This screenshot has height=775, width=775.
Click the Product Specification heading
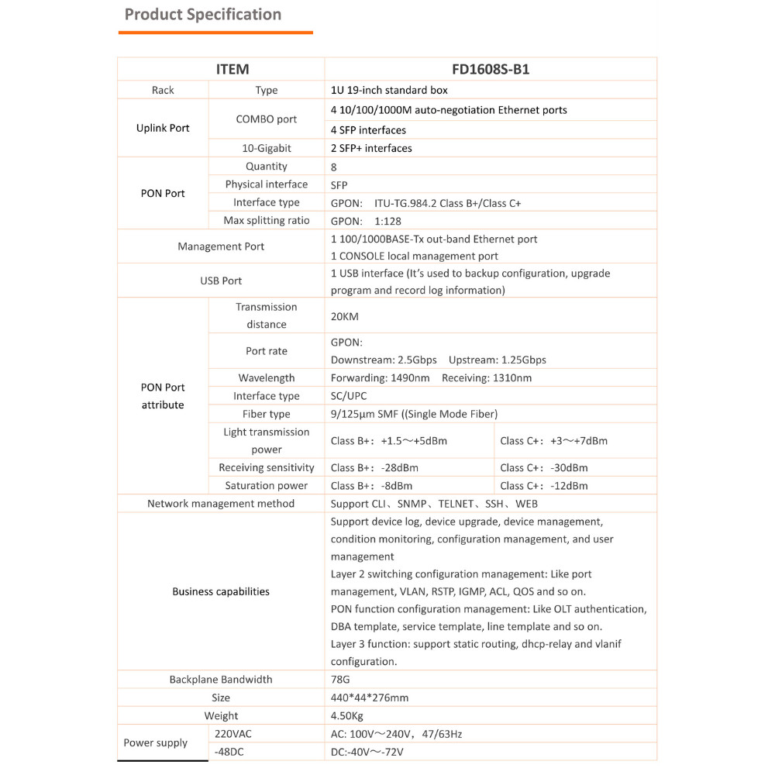point(203,14)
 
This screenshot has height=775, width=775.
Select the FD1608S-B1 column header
point(491,69)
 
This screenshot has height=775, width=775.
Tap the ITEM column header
point(232,69)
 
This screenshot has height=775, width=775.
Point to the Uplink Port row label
point(163,128)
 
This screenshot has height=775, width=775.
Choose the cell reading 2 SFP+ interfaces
point(371,148)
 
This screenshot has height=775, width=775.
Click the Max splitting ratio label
point(267,221)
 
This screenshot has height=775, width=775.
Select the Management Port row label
point(221,246)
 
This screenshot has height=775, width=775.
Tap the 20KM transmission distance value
point(345,316)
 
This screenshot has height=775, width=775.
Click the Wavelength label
point(267,378)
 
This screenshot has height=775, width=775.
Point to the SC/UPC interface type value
point(349,396)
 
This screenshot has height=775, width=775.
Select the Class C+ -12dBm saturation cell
point(544,486)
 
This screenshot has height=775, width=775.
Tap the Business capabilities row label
point(221,591)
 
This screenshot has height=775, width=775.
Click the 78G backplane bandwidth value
point(340,680)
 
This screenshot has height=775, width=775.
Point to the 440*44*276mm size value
point(369,697)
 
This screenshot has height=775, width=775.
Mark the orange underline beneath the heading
point(215,33)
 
